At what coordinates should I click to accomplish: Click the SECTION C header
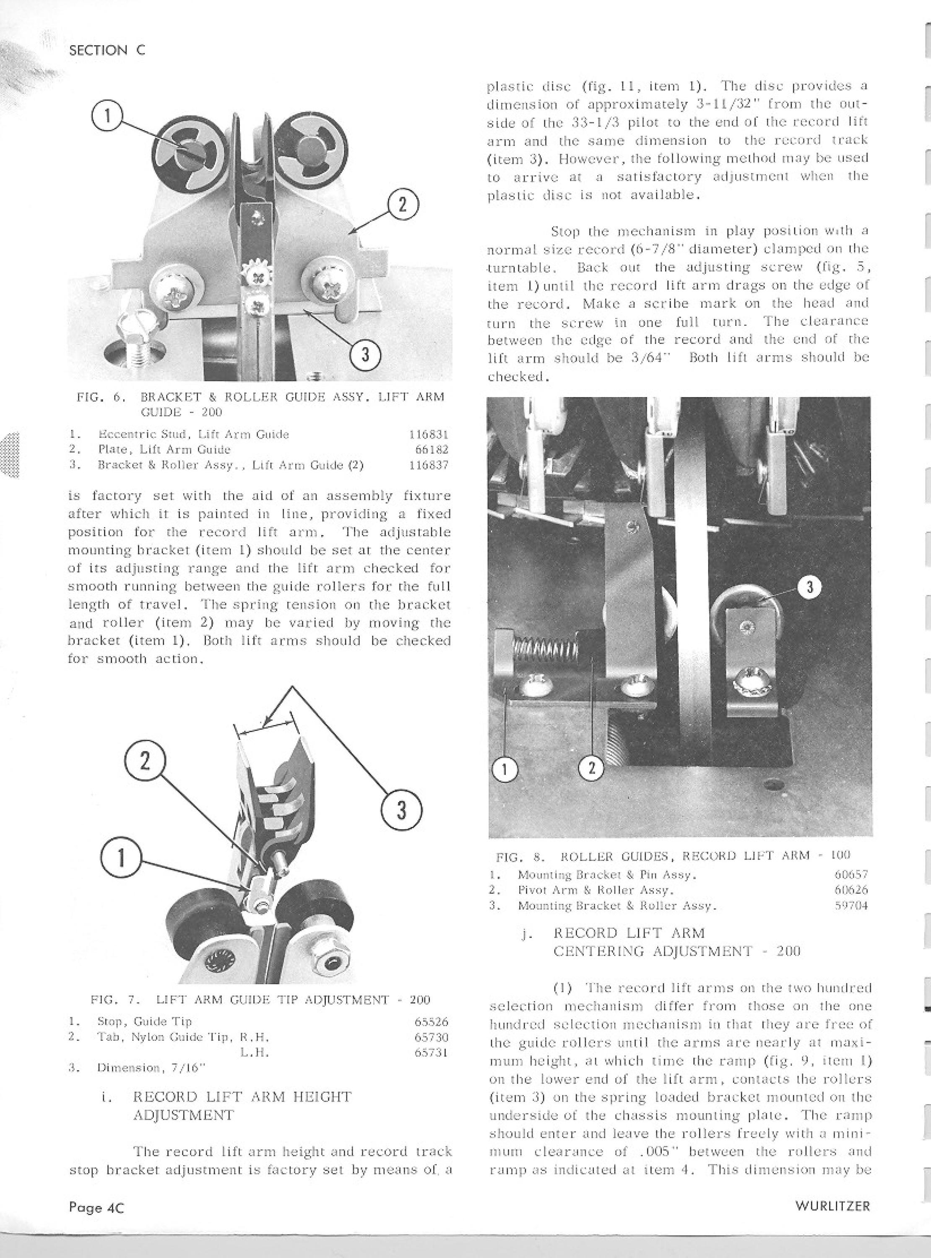107,50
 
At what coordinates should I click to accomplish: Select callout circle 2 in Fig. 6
402,205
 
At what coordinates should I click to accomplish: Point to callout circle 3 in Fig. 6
366,356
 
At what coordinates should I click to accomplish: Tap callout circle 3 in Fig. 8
810,587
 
